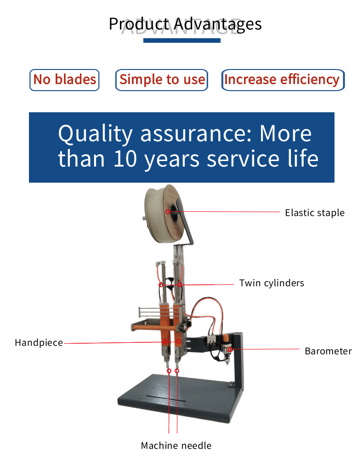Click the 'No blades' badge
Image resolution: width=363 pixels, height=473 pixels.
64,80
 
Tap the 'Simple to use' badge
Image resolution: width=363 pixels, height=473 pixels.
162,80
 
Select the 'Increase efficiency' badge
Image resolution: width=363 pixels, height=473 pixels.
283,80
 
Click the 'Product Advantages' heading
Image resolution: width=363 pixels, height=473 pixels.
185,24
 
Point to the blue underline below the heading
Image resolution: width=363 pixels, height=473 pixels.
182,41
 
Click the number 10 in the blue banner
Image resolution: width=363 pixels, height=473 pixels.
125,159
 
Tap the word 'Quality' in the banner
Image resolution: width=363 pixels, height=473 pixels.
95,134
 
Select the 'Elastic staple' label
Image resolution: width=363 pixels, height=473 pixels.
315,213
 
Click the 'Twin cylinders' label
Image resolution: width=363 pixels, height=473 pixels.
272,283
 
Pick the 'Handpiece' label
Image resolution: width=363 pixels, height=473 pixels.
39,343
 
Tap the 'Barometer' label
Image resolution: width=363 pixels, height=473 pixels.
329,351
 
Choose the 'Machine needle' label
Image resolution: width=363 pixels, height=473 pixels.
176,445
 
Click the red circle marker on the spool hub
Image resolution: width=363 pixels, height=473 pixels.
168,212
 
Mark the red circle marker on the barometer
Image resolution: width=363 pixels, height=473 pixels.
230,349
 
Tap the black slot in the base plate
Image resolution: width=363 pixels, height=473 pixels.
166,398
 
